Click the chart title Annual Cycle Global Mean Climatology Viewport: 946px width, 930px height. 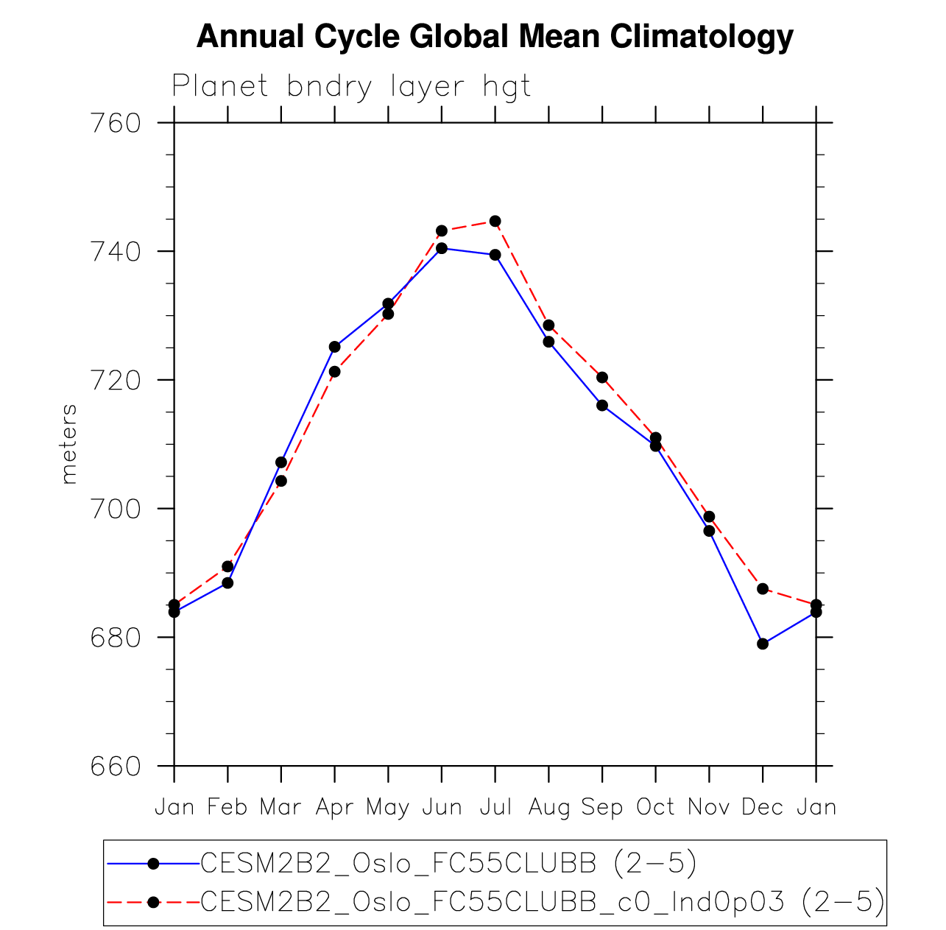[x=495, y=37]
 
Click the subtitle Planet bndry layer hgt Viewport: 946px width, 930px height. [x=351, y=87]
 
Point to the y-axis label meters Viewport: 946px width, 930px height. [x=69, y=443]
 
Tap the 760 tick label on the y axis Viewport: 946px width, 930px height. [x=115, y=123]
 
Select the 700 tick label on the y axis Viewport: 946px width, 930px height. [x=115, y=509]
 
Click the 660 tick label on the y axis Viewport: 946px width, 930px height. [x=115, y=767]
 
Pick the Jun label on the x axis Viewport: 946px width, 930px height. [x=442, y=808]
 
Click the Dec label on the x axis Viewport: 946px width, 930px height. [x=762, y=808]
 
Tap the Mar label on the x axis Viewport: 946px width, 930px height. [x=280, y=808]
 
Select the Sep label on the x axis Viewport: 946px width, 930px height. [x=601, y=808]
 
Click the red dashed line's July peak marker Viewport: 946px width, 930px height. [x=495, y=221]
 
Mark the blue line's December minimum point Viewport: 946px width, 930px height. [x=763, y=644]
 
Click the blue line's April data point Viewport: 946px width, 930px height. [x=335, y=347]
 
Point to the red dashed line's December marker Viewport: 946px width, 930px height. [x=763, y=588]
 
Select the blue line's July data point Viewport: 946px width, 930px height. [x=495, y=255]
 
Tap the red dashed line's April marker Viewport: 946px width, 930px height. [x=335, y=372]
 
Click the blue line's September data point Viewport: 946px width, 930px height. [x=602, y=405]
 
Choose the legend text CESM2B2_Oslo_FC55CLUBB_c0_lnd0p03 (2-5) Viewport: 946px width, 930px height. [x=542, y=901]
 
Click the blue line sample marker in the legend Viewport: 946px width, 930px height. [x=153, y=864]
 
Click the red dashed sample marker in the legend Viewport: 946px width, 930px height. [x=153, y=901]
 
